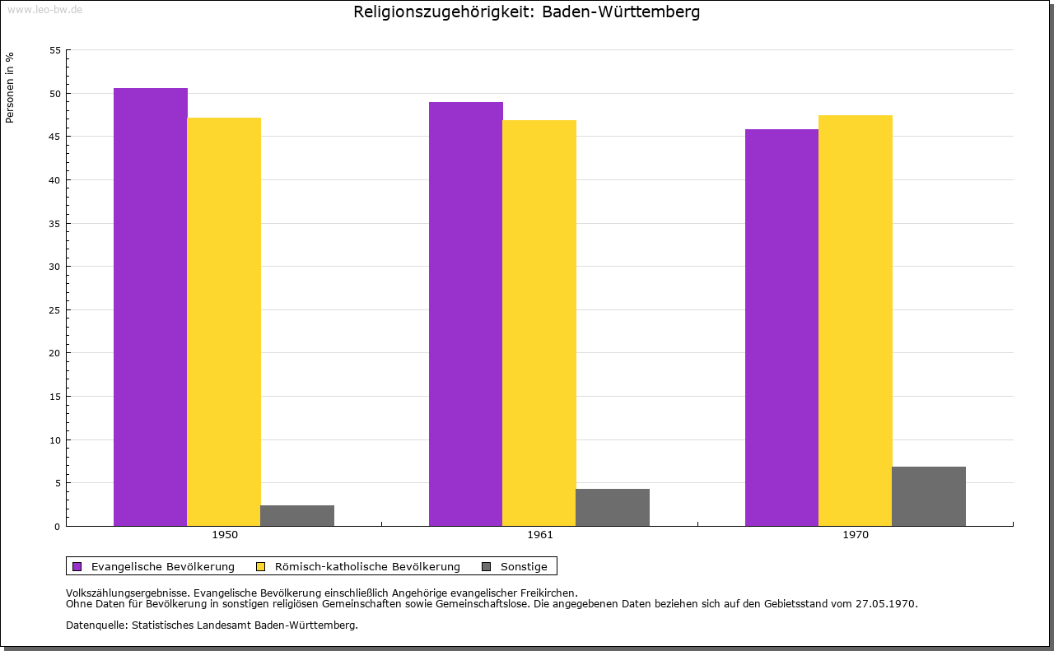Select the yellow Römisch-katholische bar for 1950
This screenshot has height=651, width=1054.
(x=224, y=322)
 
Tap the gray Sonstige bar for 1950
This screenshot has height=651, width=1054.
(x=297, y=515)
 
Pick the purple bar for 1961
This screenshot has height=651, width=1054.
(x=466, y=314)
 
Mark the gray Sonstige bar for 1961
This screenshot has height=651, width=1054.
(x=613, y=507)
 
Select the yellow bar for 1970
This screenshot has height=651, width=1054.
(x=855, y=320)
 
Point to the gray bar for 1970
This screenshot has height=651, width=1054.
(x=928, y=496)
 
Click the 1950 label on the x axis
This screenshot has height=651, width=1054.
(x=225, y=535)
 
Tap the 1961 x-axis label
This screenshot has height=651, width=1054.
(x=540, y=535)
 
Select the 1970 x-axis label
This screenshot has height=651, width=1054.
(x=856, y=535)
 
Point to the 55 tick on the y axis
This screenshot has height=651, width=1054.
(x=55, y=50)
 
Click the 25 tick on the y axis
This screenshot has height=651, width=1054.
(x=55, y=310)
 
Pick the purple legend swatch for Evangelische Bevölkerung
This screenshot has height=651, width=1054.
(x=77, y=566)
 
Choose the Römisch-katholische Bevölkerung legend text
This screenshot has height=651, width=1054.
(x=367, y=566)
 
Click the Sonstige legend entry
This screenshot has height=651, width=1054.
(x=523, y=566)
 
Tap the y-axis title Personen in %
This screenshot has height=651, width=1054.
(x=10, y=87)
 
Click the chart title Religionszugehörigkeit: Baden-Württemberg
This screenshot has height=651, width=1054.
(x=527, y=12)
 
